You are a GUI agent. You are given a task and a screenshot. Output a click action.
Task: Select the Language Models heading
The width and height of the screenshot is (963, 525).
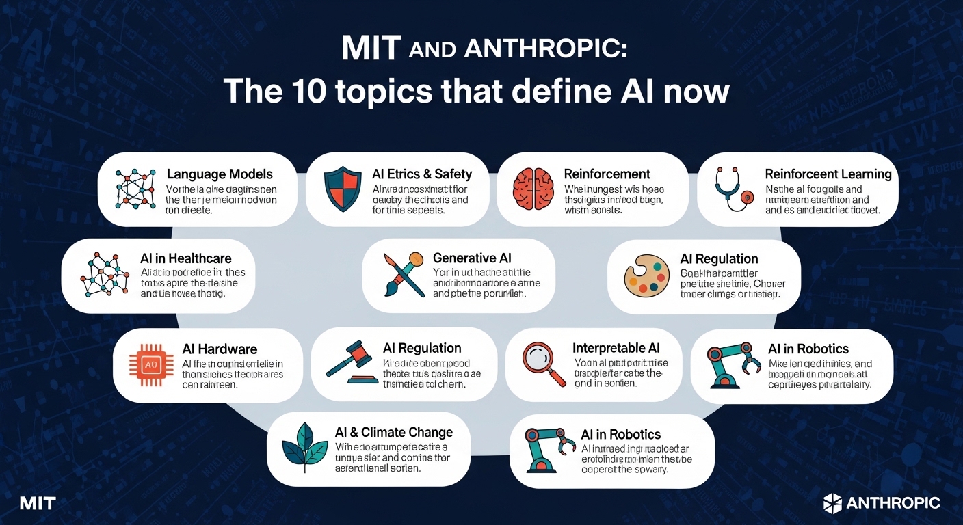coord(220,174)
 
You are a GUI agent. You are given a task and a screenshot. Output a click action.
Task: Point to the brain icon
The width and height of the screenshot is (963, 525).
coord(533,188)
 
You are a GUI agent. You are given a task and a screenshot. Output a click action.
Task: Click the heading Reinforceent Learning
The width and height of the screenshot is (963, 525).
coord(828,174)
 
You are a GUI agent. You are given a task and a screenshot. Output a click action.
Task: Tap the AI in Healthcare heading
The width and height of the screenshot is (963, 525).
coord(186,258)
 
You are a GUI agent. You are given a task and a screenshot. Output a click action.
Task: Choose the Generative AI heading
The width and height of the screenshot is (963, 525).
coord(472,258)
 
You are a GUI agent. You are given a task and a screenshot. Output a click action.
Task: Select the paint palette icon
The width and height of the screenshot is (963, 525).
coord(646,277)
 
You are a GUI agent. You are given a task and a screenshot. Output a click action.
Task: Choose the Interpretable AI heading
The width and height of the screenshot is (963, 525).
coord(616,348)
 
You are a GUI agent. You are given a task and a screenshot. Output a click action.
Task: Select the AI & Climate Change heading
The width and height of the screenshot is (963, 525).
coord(394,432)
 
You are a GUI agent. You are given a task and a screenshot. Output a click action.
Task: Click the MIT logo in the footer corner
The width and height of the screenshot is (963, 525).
coord(38,504)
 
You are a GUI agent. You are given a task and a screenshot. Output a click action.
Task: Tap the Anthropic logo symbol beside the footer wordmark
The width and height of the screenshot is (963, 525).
coord(832,503)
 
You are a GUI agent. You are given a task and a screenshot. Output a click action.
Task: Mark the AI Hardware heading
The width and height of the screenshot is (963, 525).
coord(220,349)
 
